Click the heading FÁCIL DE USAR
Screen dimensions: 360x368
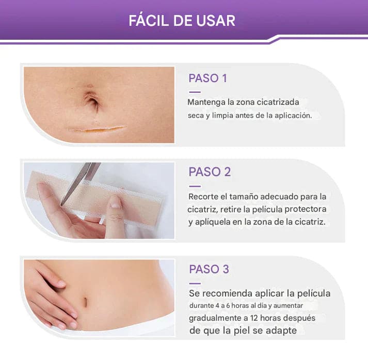(x=182, y=21)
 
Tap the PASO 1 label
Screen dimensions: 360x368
(x=207, y=79)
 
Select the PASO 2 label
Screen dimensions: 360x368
(x=210, y=172)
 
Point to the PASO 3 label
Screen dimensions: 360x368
(x=209, y=269)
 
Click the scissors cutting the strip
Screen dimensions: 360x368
(x=77, y=181)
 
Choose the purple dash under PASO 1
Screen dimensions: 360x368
(x=195, y=92)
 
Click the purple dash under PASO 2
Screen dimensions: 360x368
(x=195, y=186)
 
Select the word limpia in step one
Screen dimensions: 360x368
(x=228, y=116)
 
